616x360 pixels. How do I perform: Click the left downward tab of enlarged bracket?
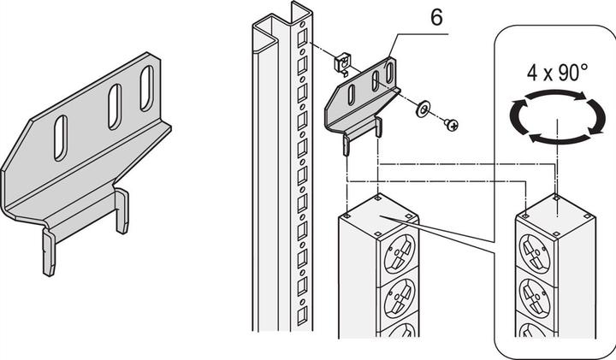[x=49, y=252]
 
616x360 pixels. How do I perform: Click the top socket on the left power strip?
[x=400, y=253]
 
